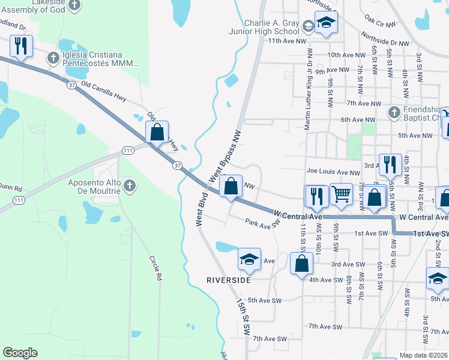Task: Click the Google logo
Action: pyautogui.click(x=20, y=353)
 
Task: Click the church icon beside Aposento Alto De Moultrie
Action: pyautogui.click(x=129, y=187)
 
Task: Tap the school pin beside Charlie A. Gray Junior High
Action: pyautogui.click(x=327, y=23)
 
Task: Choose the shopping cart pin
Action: pyautogui.click(x=342, y=193)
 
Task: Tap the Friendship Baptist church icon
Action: pyautogui.click(x=394, y=112)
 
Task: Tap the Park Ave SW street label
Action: pyautogui.click(x=262, y=223)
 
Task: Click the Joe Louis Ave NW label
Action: pyautogui.click(x=333, y=172)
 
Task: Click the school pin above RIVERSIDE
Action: pyautogui.click(x=250, y=259)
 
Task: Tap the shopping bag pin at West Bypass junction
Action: pyautogui.click(x=231, y=186)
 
